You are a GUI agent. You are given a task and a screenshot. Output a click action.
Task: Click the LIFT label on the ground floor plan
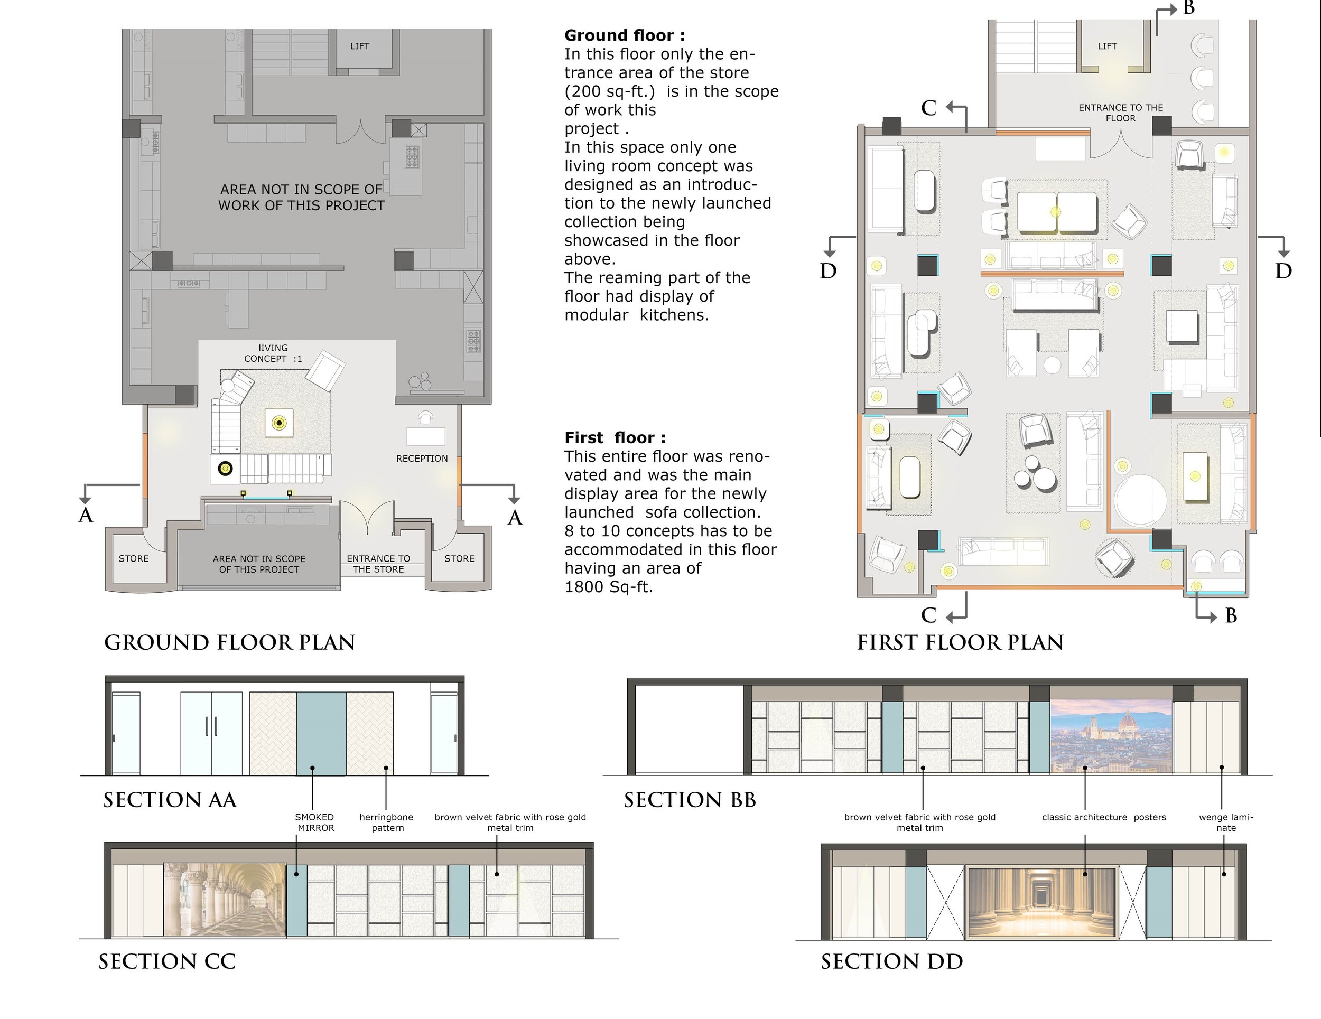(x=359, y=46)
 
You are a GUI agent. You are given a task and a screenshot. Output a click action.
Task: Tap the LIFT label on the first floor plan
(x=1107, y=46)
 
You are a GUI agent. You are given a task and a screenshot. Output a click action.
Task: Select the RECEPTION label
(x=422, y=459)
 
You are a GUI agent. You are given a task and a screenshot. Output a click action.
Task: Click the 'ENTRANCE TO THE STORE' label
(x=379, y=564)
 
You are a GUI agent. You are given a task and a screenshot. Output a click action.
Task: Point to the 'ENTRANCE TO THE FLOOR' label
(x=1121, y=113)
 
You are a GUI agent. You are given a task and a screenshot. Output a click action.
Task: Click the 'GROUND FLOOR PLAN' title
(x=230, y=642)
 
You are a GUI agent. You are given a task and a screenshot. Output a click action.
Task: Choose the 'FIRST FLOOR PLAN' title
(x=961, y=642)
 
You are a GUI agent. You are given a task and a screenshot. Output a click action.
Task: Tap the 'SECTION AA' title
(x=170, y=800)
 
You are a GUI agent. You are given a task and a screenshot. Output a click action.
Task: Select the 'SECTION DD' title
(x=891, y=961)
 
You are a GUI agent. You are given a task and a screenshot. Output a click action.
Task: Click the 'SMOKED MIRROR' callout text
(x=315, y=822)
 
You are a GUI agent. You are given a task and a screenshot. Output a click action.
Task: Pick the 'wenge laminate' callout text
(x=1226, y=822)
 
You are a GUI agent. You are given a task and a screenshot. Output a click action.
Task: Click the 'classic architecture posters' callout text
(x=1104, y=817)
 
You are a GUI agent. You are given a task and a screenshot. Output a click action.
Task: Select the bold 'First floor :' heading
(x=615, y=438)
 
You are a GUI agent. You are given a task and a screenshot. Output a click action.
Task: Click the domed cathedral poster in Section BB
(x=1112, y=737)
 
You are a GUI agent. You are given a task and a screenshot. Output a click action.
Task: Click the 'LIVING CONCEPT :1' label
(x=273, y=353)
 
